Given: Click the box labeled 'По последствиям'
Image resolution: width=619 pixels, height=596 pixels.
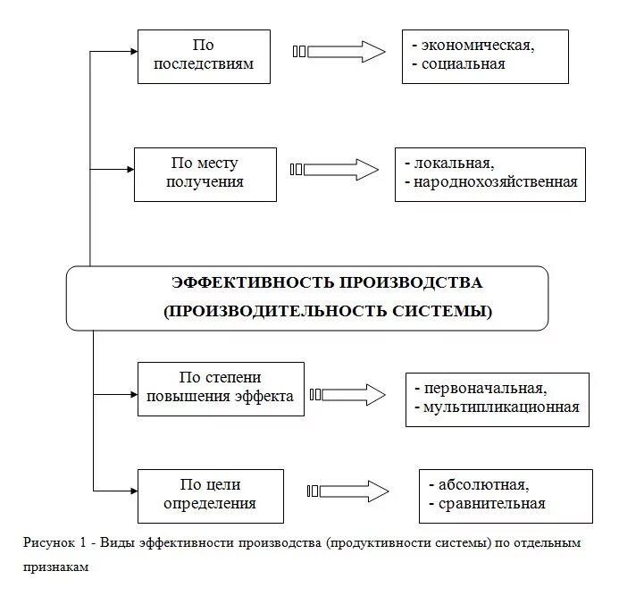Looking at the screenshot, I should (204, 56).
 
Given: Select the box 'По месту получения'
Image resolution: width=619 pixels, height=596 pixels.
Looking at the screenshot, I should (205, 173).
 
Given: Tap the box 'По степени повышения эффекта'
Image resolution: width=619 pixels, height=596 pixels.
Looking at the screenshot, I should (221, 388).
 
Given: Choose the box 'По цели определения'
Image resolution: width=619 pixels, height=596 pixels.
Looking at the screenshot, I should (210, 494).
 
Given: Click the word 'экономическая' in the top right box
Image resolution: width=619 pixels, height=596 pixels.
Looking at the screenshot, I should (478, 45).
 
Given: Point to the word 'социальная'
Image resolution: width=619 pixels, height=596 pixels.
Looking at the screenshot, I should (463, 64).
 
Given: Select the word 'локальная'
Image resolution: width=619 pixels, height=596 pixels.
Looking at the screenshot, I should (453, 164).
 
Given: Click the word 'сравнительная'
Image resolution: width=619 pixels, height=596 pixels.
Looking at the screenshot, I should (491, 504).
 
